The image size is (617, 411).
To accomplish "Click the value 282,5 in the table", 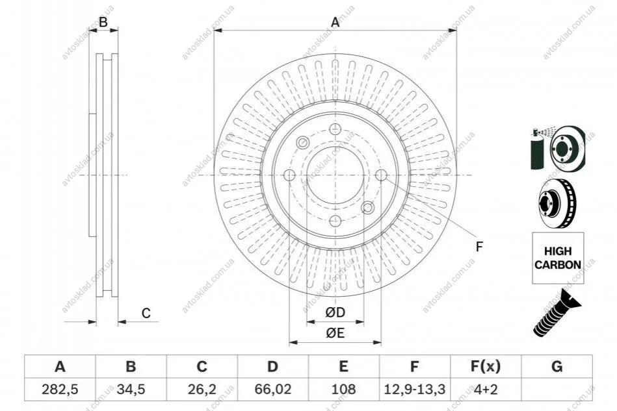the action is pos(60,390).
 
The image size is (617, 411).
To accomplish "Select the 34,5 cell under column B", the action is pos(131,390).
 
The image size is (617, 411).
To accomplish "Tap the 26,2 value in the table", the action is pos(202,390).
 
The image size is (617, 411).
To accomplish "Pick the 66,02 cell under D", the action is pos(272,390).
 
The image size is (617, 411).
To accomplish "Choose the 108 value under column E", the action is pos(343,390).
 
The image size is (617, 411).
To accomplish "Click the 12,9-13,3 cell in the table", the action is pos(414,390).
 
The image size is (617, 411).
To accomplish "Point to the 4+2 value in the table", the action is pos(486,390).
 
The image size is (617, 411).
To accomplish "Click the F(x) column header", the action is pos(486,367).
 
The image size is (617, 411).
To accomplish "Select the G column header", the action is pos(557,367).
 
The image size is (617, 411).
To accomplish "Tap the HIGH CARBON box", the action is pos(558,258).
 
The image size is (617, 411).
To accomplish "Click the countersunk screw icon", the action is pos(557,313).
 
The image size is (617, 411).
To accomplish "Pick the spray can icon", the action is pos(537,149).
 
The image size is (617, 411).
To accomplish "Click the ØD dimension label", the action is pos(335,313).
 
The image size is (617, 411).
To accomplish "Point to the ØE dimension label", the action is pos(335,333).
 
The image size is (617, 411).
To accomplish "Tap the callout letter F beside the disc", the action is pos(479,247).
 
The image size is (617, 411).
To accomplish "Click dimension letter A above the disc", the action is pos(335,22).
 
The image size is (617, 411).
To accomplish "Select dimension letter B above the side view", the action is pos(103,22).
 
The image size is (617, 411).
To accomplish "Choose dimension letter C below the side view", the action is pos(146,313).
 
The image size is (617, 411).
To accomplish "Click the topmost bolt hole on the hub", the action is pos(335,129).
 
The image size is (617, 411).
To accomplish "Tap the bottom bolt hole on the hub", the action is pos(335,221).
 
